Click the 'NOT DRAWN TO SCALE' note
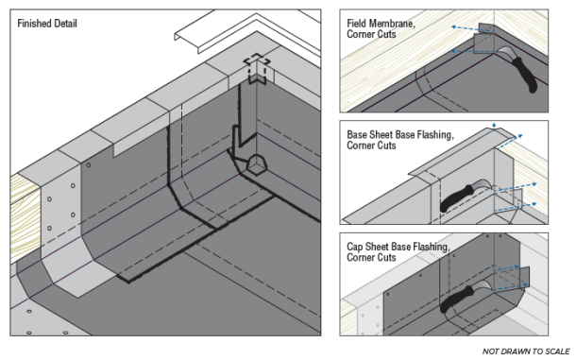click(525, 351)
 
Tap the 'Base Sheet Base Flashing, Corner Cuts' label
click(398, 140)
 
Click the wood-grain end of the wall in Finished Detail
click(22, 198)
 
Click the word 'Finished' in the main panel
click(36, 22)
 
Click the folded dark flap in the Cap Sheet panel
click(522, 279)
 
